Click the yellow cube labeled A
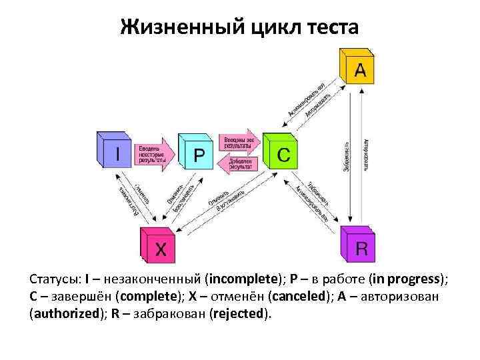click(x=357, y=69)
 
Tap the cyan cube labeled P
click(x=197, y=154)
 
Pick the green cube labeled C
click(x=281, y=154)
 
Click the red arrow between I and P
click(x=154, y=154)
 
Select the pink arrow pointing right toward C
click(x=240, y=142)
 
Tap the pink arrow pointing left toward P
click(x=240, y=164)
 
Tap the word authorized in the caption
click(x=65, y=313)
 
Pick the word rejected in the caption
click(x=239, y=313)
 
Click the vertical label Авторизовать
click(x=366, y=156)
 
